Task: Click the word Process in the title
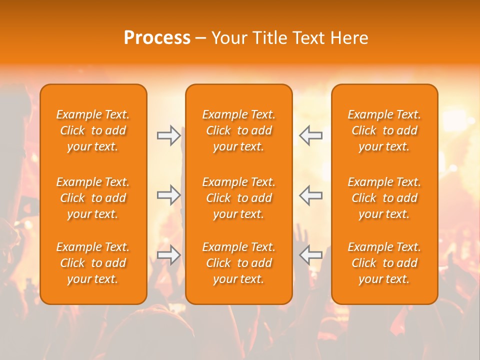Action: click(x=157, y=38)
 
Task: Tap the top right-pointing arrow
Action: click(x=168, y=135)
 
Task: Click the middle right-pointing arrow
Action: click(x=168, y=195)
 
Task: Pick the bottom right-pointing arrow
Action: click(x=168, y=255)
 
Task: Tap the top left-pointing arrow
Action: click(x=311, y=135)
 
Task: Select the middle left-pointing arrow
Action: click(x=311, y=195)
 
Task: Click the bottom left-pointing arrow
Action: click(x=311, y=255)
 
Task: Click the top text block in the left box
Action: click(x=93, y=130)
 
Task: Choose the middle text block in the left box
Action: click(x=93, y=198)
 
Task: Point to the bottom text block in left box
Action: click(x=93, y=263)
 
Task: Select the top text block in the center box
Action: click(x=238, y=130)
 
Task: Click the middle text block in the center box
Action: click(x=238, y=198)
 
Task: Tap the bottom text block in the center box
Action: click(x=238, y=263)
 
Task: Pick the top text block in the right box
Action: click(x=384, y=130)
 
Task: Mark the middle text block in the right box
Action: click(x=384, y=198)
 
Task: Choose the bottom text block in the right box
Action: click(x=384, y=263)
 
